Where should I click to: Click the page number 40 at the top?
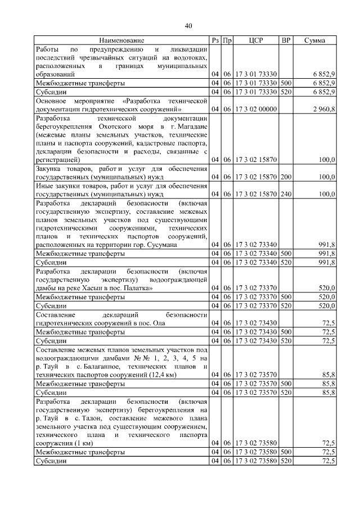tap(188, 26)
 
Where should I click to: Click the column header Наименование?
tap(121, 40)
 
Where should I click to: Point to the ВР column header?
tap(286, 40)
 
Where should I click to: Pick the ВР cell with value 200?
tap(286, 177)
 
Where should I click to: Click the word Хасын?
tap(96, 288)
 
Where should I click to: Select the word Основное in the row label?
tap(51, 100)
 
